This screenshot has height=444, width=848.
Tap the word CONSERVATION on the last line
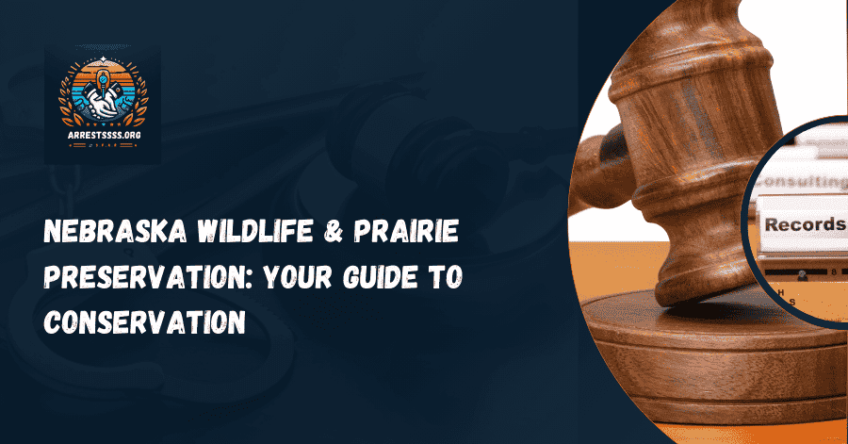(145, 321)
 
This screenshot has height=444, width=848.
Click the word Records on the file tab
(804, 224)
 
